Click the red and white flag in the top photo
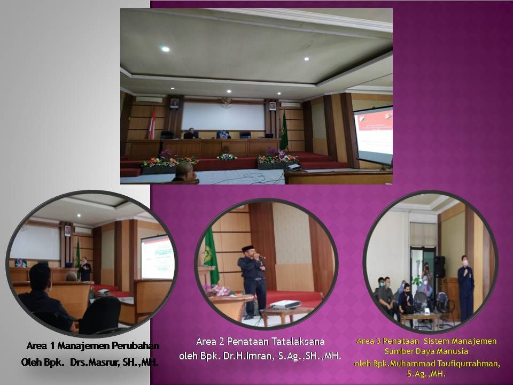[152, 123]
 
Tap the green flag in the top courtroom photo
[284, 132]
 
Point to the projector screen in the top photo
[374, 135]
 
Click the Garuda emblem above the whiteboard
[226, 103]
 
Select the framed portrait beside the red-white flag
[174, 103]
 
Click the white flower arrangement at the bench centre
[227, 157]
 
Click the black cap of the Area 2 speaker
[247, 248]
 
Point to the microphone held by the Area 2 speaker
[260, 256]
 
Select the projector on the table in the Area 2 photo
[285, 304]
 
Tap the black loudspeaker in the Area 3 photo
[439, 267]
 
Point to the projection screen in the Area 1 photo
[157, 257]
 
